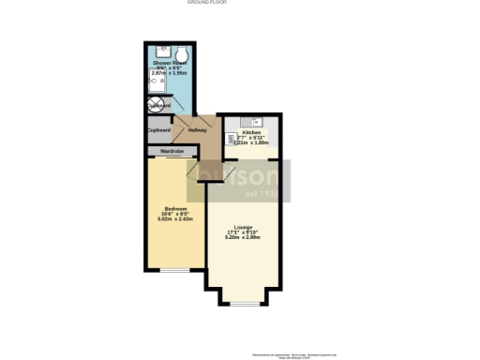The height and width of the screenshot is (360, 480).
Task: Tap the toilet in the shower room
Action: tap(181, 52)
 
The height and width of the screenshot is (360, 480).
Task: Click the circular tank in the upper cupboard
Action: tap(154, 106)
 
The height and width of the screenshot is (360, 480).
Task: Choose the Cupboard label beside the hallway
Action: tap(157, 129)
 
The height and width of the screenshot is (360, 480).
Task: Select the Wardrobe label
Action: tap(172, 151)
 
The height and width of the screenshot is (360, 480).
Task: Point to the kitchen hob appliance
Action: tap(230, 142)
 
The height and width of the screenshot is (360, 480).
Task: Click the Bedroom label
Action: tap(175, 208)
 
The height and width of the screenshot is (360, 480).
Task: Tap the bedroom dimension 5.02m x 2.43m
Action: tap(175, 219)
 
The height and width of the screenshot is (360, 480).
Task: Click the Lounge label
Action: tap(244, 227)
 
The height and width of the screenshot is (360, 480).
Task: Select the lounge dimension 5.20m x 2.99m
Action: tap(244, 238)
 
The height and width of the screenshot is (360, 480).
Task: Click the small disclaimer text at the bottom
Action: tap(281, 354)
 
